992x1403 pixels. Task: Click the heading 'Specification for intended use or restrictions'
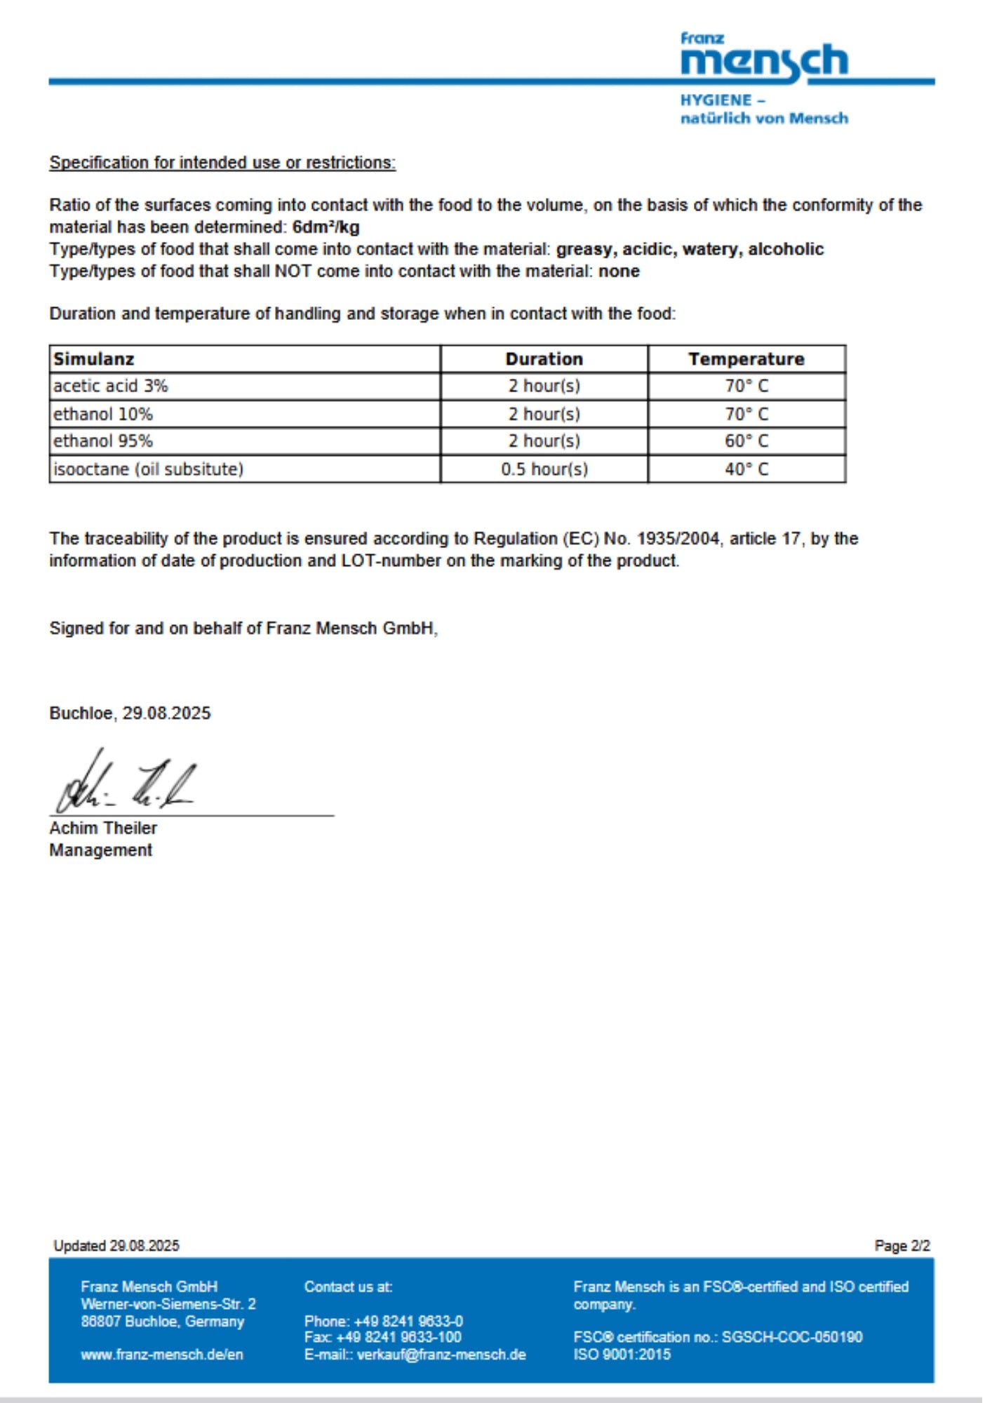coord(222,163)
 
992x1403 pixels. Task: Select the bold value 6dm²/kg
coord(326,227)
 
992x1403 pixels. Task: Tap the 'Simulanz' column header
coord(94,359)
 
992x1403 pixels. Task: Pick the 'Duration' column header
coord(544,359)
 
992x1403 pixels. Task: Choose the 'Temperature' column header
coord(746,359)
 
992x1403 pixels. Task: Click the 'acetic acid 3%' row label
coord(111,386)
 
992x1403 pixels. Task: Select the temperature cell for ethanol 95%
coord(746,441)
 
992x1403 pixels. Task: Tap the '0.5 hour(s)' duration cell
coord(544,469)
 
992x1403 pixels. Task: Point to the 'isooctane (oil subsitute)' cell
coord(149,469)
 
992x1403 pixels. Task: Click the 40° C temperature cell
coord(746,469)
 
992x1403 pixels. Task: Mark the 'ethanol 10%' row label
coord(103,414)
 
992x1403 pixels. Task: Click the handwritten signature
coord(126,782)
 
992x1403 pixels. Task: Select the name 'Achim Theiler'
coord(103,828)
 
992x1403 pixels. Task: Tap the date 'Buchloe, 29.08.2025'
coord(130,713)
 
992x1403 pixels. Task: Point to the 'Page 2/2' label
coord(901,1246)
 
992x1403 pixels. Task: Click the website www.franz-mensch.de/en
coord(162,1355)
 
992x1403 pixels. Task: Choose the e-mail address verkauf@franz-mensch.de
coord(441,1355)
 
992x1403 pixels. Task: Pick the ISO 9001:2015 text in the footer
coord(622,1355)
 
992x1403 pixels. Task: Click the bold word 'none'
coord(619,271)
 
